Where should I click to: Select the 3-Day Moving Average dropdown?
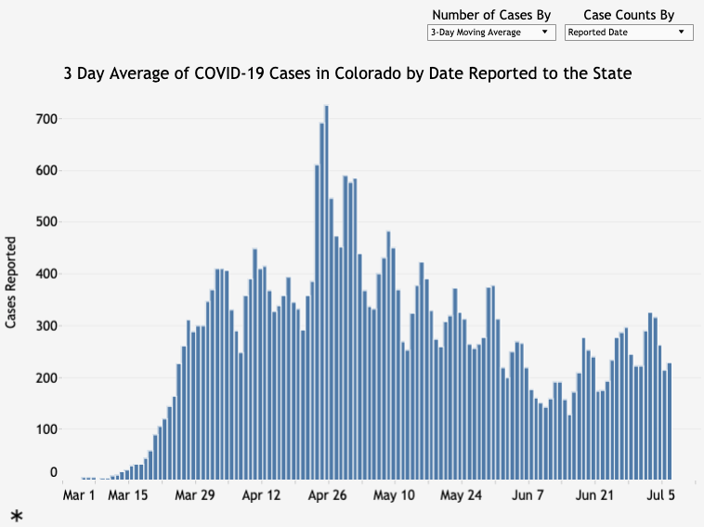[489, 32]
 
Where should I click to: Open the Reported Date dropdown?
[629, 32]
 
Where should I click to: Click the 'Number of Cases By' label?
[491, 15]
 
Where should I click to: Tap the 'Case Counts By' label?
[629, 15]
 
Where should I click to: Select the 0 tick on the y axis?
[53, 473]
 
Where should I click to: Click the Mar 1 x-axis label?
[79, 495]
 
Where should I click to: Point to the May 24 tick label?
[462, 495]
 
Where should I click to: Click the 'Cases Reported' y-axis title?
[11, 283]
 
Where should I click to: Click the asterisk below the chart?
[17, 516]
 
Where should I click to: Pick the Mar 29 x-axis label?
[194, 495]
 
